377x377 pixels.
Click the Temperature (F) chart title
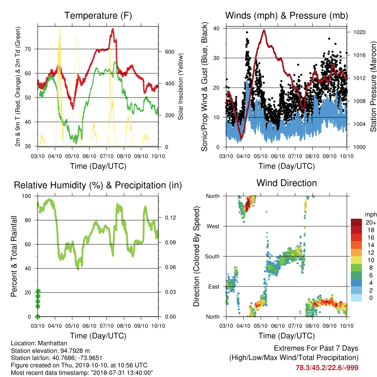pyautogui.click(x=98, y=15)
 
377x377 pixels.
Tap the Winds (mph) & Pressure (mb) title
pyautogui.click(x=286, y=15)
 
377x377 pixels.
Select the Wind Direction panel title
pyautogui.click(x=286, y=183)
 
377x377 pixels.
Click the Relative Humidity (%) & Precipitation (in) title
pyautogui.click(x=98, y=185)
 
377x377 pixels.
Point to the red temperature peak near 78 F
pyautogui.click(x=113, y=29)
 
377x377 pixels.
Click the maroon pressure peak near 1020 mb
pyautogui.click(x=264, y=31)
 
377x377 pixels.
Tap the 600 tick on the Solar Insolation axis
pyautogui.click(x=169, y=52)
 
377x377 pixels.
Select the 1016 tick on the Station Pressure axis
pyautogui.click(x=359, y=55)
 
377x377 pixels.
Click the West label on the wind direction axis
pyautogui.click(x=213, y=226)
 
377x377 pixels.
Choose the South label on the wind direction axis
pyautogui.click(x=212, y=257)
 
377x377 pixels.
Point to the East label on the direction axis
pyautogui.click(x=214, y=286)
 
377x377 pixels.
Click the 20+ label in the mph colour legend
pyautogui.click(x=371, y=222)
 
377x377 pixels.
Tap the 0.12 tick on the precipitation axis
pyautogui.click(x=170, y=218)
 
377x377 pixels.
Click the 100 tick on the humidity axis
pyautogui.click(x=27, y=196)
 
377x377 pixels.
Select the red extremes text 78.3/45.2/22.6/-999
pyautogui.click(x=327, y=368)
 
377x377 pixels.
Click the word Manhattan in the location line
pyautogui.click(x=52, y=343)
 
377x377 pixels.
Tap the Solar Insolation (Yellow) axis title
pyautogui.click(x=180, y=87)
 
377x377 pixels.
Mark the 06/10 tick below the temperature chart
pyautogui.click(x=89, y=156)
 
